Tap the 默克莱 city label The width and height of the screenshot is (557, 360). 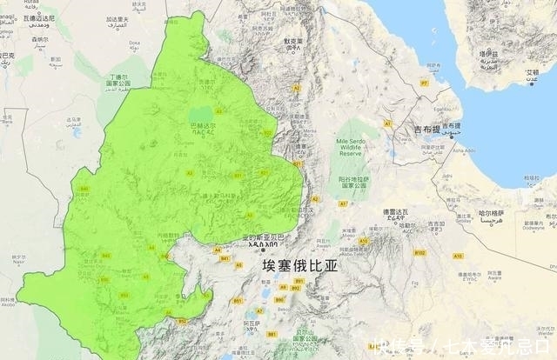[x=293, y=41]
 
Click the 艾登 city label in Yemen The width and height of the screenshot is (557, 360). [x=532, y=72]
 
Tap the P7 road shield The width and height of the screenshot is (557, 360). [x=425, y=82]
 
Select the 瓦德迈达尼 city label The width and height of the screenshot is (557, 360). [x=35, y=17]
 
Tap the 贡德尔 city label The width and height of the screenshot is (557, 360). [x=205, y=83]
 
